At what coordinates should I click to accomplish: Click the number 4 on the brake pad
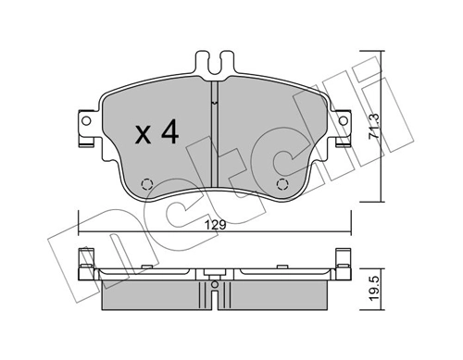pyautogui.click(x=169, y=132)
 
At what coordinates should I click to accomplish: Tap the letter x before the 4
pyautogui.click(x=144, y=135)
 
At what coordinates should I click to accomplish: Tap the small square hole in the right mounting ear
pyautogui.click(x=343, y=121)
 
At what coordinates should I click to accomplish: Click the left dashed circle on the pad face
pyautogui.click(x=145, y=182)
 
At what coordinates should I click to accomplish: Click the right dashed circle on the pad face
pyautogui.click(x=284, y=182)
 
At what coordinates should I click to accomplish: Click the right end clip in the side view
pyautogui.click(x=343, y=263)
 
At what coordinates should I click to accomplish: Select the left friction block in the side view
pyautogui.click(x=148, y=293)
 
